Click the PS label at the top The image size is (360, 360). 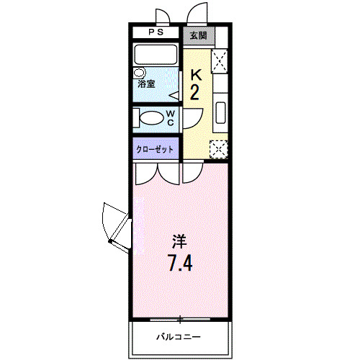pyautogui.click(x=156, y=33)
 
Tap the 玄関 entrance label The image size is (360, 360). pyautogui.click(x=197, y=35)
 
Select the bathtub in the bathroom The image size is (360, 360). pyautogui.click(x=157, y=55)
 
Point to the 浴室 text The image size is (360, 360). pyautogui.click(x=147, y=84)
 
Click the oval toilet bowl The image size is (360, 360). pyautogui.click(x=152, y=118)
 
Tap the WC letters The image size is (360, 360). pyautogui.click(x=171, y=118)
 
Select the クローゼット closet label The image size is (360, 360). pyautogui.click(x=156, y=149)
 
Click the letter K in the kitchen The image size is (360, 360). pyautogui.click(x=194, y=74)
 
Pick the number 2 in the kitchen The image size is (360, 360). pyautogui.click(x=194, y=91)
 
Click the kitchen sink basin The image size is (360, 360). pyautogui.click(x=220, y=114)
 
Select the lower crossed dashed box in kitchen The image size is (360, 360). pyautogui.click(x=218, y=148)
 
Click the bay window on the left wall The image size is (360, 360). pyautogui.click(x=115, y=225)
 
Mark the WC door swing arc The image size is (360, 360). pyautogui.click(x=192, y=117)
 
